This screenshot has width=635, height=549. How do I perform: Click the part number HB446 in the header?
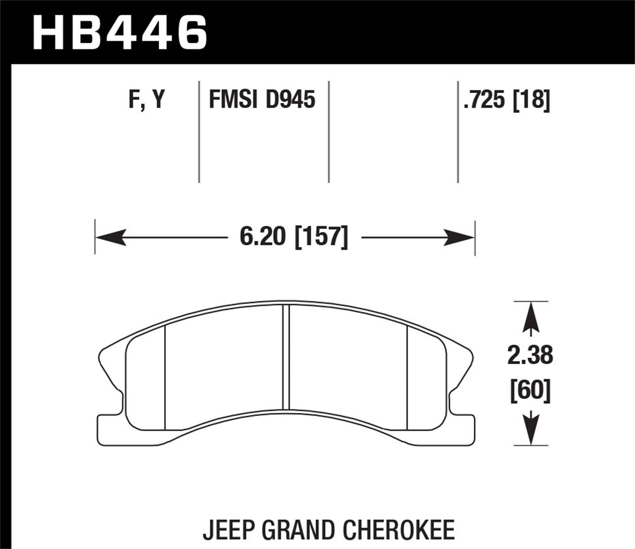[x=120, y=32]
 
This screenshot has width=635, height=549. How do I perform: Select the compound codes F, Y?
[x=146, y=99]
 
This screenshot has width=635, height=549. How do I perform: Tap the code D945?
[x=290, y=99]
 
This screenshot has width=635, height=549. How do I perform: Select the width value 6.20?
[x=263, y=238]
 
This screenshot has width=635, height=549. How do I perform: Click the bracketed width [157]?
[x=321, y=238]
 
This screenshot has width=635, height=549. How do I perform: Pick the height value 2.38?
[x=530, y=355]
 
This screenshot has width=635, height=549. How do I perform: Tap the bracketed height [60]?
[x=530, y=390]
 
